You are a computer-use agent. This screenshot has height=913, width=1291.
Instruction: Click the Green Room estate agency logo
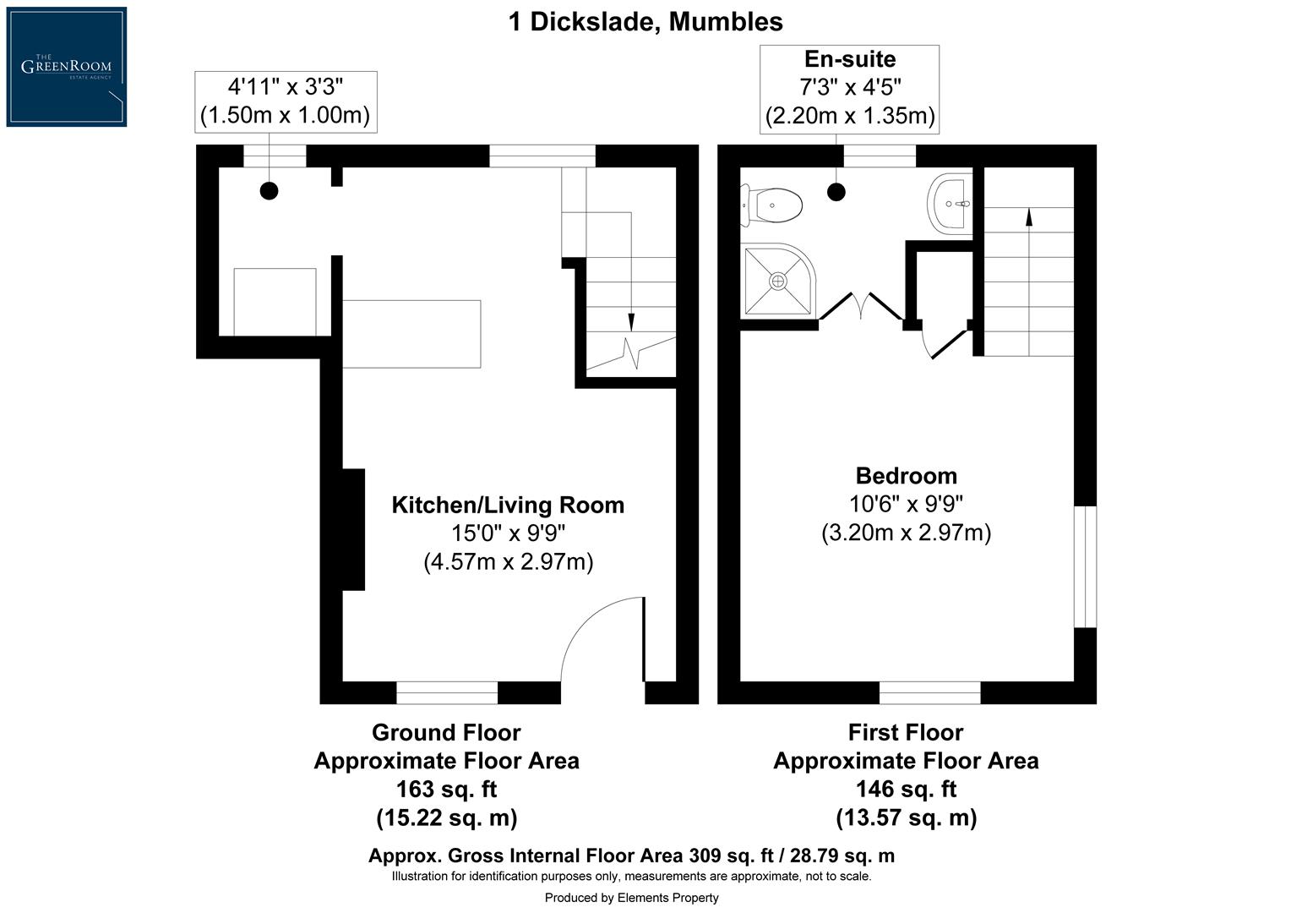[67, 67]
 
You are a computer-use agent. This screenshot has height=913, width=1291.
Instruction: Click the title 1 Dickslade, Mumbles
[645, 21]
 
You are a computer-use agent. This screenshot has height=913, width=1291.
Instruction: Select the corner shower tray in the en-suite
[776, 281]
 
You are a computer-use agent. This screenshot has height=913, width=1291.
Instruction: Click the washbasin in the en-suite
[951, 203]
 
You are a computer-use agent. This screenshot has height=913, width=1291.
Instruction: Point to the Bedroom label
[906, 475]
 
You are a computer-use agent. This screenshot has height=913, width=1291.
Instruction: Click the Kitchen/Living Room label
[508, 505]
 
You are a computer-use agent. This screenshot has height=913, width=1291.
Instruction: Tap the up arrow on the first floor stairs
[1028, 217]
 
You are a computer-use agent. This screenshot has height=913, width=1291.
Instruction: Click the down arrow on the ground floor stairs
[631, 322]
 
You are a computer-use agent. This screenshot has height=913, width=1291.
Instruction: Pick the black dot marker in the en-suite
[836, 192]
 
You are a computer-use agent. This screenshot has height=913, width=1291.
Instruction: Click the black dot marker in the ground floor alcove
[269, 191]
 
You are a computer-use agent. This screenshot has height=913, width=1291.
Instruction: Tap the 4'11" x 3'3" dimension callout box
[286, 101]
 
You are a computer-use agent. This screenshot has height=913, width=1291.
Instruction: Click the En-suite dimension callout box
[849, 89]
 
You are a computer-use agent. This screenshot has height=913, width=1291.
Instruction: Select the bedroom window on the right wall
[1085, 566]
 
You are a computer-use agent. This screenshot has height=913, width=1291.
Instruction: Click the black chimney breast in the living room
[352, 529]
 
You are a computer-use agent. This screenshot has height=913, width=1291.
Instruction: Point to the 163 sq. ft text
[446, 789]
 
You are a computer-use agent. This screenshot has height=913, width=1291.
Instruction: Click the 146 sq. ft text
[906, 789]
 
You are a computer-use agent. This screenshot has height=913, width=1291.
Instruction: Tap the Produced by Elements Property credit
[631, 898]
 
